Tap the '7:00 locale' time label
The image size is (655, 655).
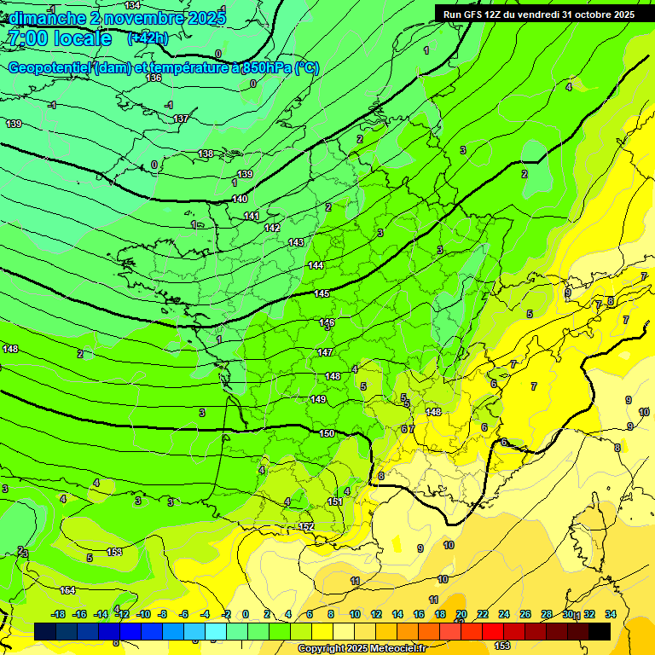(x=59, y=38)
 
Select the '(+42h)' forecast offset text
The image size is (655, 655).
(x=148, y=38)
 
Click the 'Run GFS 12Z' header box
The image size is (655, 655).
(x=538, y=14)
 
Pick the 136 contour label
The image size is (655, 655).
(x=154, y=78)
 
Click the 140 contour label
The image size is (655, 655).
(x=240, y=199)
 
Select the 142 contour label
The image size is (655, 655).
(x=272, y=228)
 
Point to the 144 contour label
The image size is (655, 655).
(x=316, y=265)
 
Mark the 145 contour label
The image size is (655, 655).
(x=322, y=293)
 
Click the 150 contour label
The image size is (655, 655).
(x=327, y=433)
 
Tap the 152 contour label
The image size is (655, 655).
(x=307, y=526)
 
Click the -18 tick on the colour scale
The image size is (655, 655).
(x=59, y=614)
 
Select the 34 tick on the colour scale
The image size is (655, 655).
(x=611, y=614)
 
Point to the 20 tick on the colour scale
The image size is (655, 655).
(x=461, y=614)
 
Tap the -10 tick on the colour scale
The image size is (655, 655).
(x=143, y=614)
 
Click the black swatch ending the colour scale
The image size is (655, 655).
(x=600, y=631)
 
